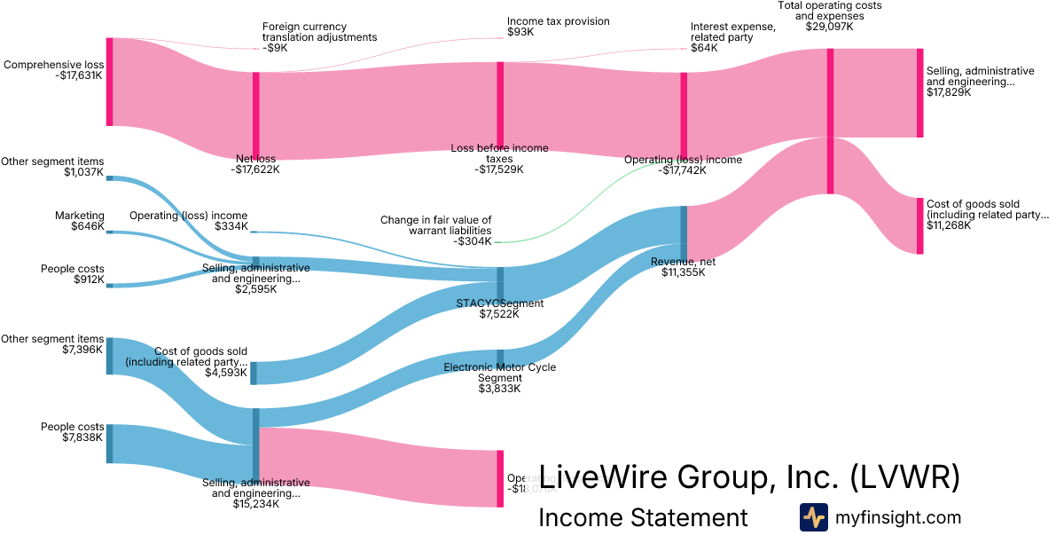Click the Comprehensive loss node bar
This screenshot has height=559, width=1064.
(110, 82)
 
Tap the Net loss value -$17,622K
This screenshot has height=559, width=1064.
(255, 169)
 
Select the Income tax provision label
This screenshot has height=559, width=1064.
(558, 21)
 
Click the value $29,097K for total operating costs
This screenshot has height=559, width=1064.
(829, 27)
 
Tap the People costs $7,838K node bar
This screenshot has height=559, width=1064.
(110, 444)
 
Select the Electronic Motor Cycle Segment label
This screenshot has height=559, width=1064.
(499, 373)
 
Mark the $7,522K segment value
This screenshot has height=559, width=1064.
(500, 314)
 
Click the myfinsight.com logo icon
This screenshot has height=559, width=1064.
(813, 517)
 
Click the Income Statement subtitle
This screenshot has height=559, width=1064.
(643, 517)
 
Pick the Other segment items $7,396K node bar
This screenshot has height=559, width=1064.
(110, 355)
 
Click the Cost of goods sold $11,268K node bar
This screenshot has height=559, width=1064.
(919, 226)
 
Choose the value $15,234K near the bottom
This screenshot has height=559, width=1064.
(255, 504)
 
